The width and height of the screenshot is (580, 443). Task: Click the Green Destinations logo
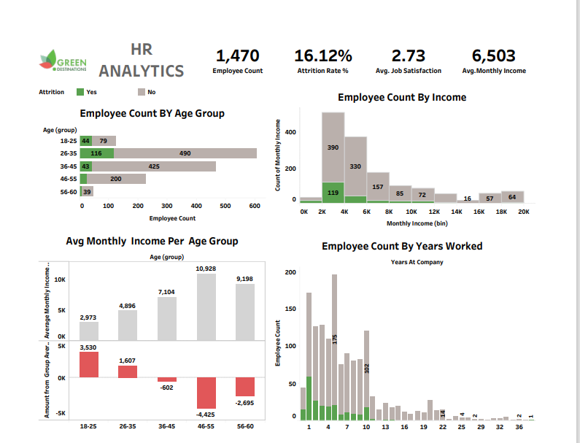click(63, 63)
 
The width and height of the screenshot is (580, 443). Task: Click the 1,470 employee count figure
click(238, 55)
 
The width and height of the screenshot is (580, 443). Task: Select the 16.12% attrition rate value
click(322, 55)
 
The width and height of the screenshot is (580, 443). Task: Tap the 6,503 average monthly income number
click(493, 55)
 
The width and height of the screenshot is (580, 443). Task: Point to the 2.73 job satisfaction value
click(408, 55)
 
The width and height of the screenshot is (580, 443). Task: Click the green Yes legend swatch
click(80, 92)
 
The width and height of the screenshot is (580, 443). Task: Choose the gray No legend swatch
click(142, 92)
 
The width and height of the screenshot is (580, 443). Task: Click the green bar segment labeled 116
click(97, 153)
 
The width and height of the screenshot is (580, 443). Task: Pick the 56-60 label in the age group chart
click(68, 191)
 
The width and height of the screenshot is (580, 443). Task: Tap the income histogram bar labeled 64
click(513, 196)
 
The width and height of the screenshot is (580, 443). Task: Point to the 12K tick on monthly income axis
click(434, 211)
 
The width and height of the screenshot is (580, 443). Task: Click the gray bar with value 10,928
click(206, 307)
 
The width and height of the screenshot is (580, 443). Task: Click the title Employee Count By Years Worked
click(402, 246)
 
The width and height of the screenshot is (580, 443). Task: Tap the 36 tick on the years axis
click(519, 427)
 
